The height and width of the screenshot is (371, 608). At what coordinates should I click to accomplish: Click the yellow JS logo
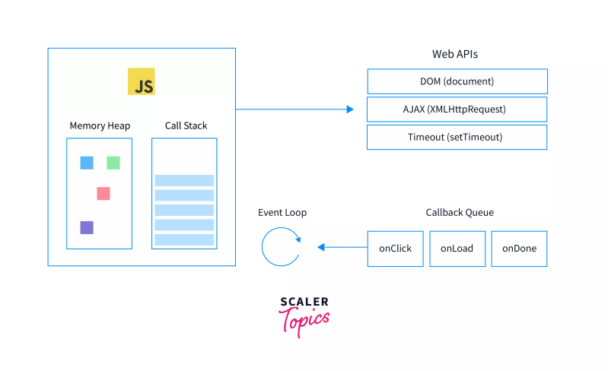141,81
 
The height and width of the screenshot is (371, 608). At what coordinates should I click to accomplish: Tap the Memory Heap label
100,125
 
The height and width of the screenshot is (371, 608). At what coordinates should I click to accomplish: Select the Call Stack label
186,125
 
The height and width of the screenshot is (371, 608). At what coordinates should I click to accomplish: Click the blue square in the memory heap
87,163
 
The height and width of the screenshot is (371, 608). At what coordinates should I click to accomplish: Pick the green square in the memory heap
113,163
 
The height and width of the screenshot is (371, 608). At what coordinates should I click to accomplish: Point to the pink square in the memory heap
103,193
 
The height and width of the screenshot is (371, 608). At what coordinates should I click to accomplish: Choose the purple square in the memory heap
87,227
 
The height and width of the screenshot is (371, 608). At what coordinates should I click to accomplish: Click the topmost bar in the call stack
184,180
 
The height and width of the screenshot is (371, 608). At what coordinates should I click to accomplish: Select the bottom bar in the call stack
184,239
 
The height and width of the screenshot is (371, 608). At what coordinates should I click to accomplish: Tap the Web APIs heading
455,55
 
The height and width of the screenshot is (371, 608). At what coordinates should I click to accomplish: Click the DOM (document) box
457,81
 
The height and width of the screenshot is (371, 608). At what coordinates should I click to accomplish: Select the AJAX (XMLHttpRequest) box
457,109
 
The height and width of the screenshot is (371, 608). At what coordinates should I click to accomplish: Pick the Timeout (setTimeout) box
457,138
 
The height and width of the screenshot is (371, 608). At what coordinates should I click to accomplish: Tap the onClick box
395,248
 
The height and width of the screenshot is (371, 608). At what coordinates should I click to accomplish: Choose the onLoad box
457,248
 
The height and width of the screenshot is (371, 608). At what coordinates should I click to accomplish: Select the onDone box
519,248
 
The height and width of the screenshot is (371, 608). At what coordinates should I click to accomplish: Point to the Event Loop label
282,213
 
